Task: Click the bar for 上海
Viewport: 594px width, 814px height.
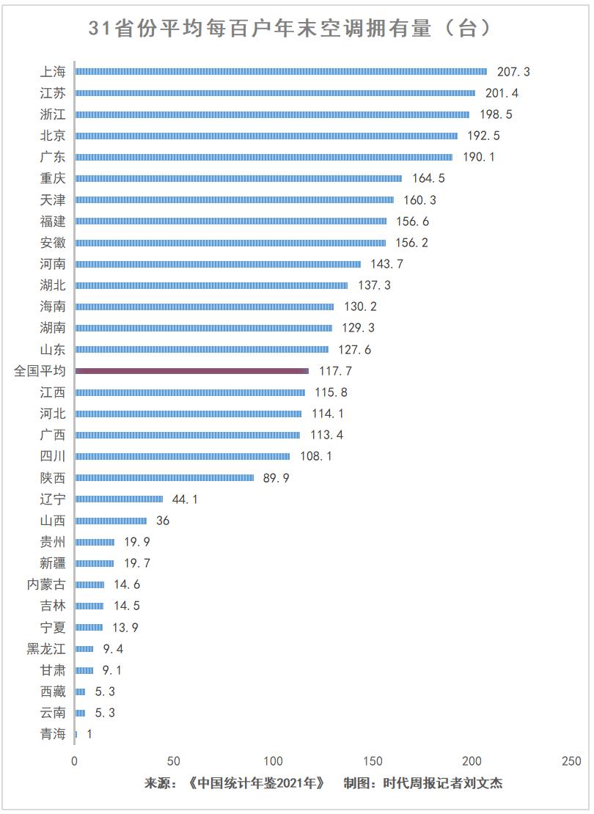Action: click(281, 72)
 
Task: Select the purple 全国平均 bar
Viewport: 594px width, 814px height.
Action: click(191, 372)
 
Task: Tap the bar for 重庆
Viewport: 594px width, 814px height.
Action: click(238, 179)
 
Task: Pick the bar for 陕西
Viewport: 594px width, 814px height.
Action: click(164, 478)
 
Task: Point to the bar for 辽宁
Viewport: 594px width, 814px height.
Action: click(119, 499)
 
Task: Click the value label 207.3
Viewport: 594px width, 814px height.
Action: click(513, 72)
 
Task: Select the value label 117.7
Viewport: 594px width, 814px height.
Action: click(335, 372)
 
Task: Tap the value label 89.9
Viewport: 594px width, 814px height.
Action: click(276, 478)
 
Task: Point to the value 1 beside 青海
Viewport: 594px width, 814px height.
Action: click(89, 734)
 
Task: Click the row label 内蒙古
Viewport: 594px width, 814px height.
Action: click(46, 584)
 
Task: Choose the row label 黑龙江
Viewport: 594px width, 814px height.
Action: click(46, 649)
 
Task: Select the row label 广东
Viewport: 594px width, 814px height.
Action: click(53, 157)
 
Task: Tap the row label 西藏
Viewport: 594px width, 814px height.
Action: click(53, 692)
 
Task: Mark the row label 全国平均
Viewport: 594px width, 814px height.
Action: click(40, 372)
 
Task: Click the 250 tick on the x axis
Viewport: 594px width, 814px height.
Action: click(571, 761)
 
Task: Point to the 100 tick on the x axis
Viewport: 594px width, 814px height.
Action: click(273, 761)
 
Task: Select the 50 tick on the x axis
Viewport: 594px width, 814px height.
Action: click(174, 761)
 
